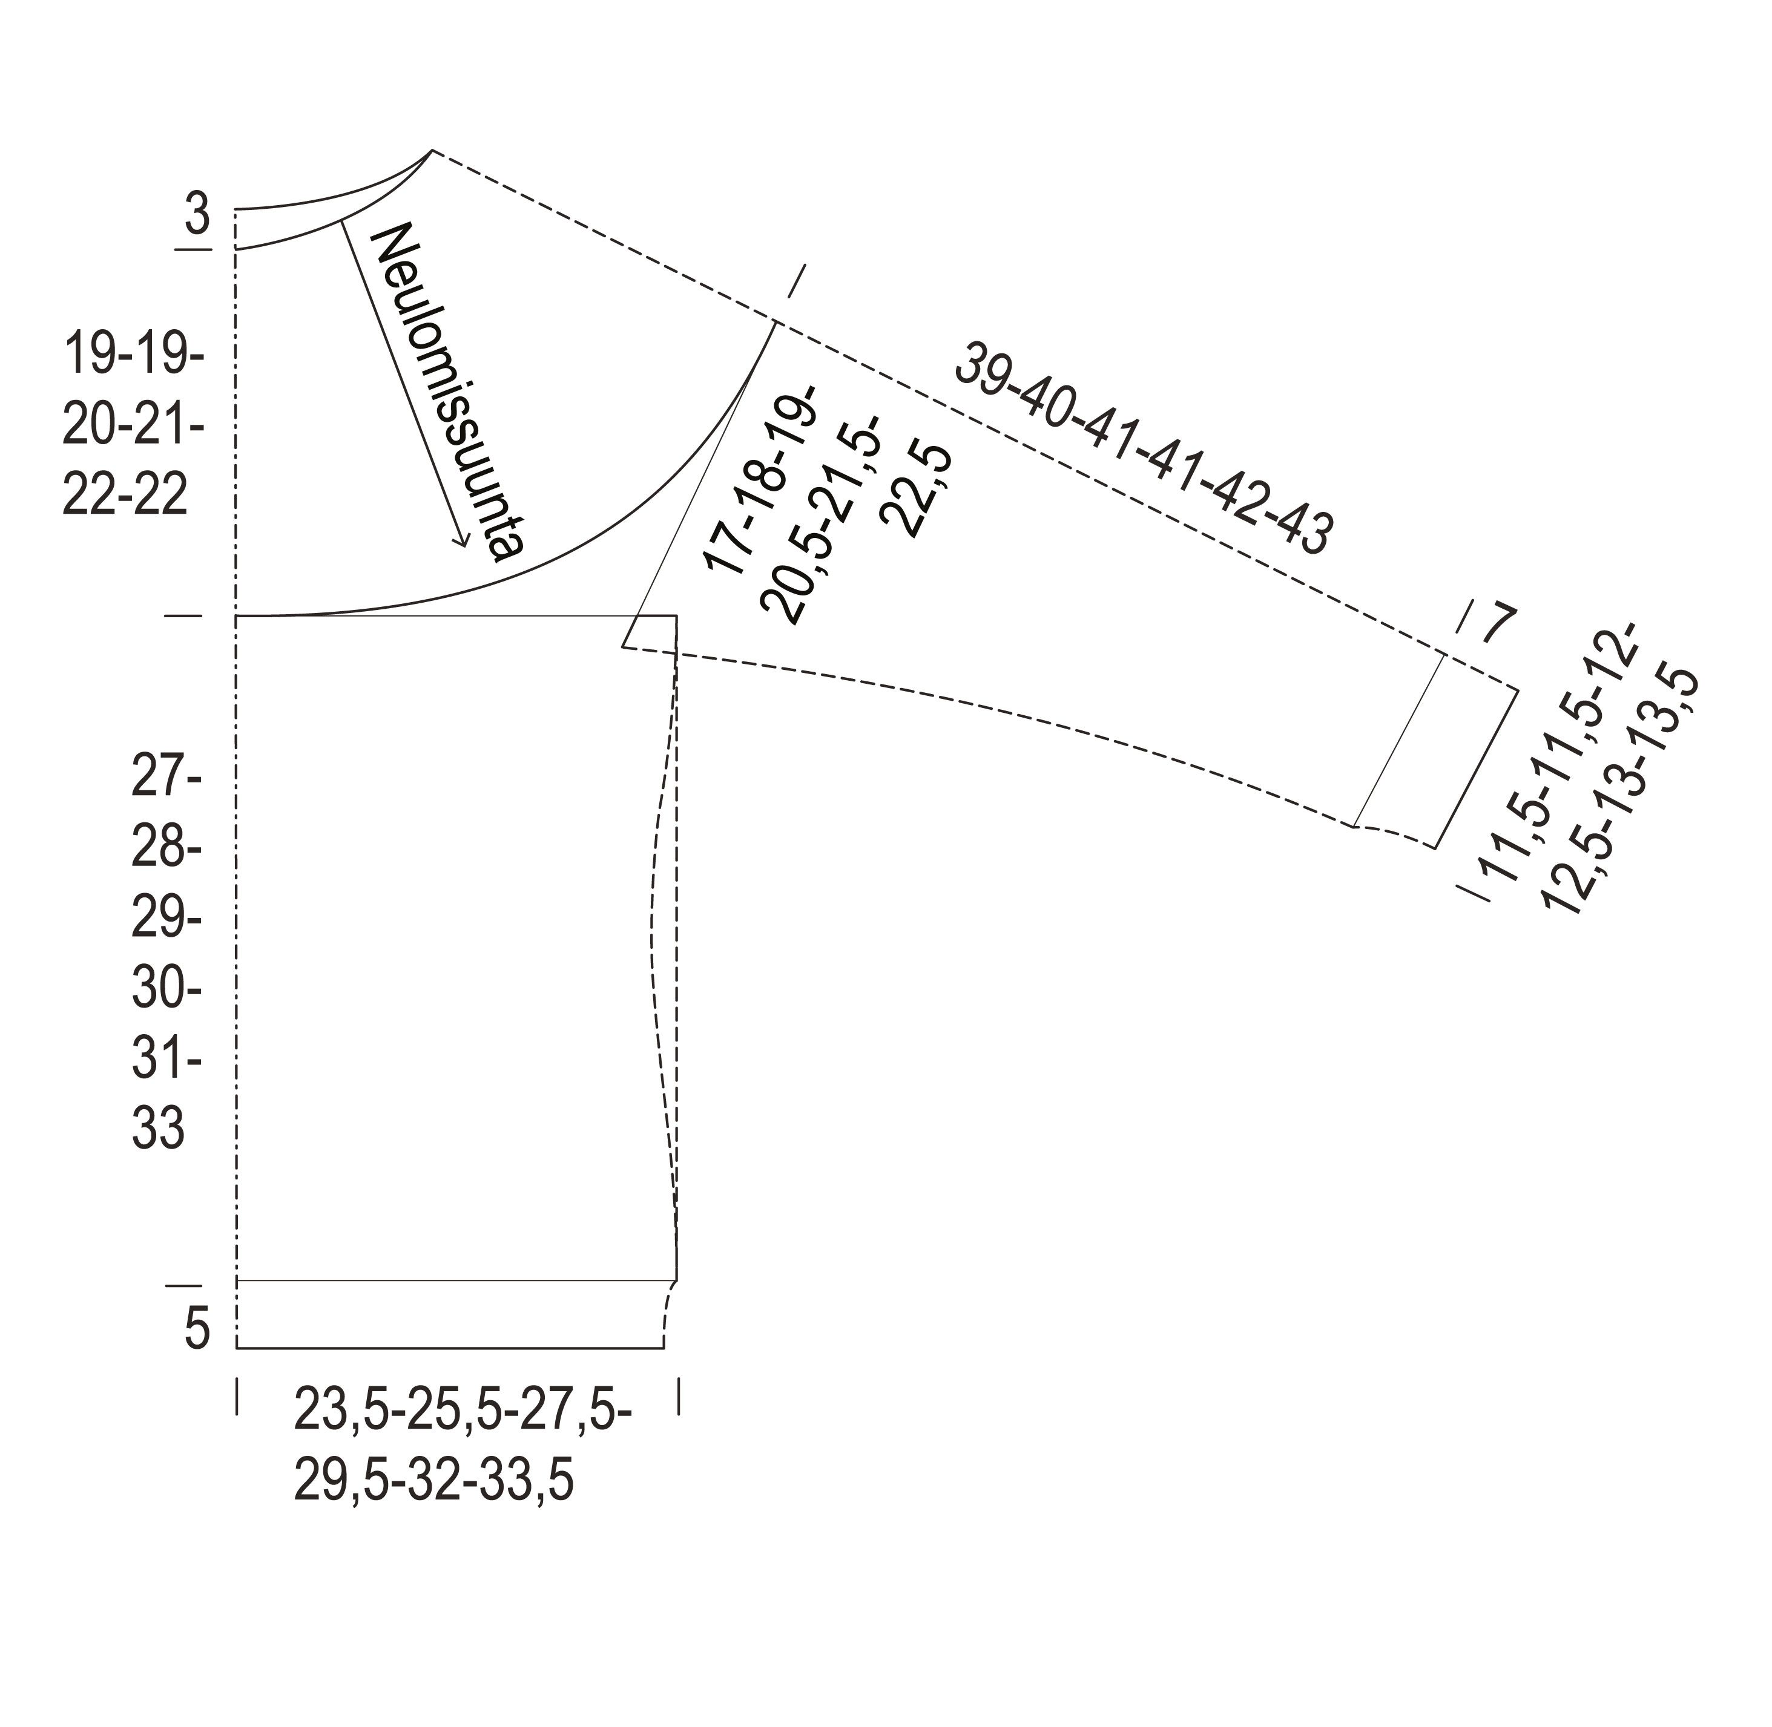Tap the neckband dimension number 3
pos(197,215)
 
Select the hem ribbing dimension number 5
pos(197,1329)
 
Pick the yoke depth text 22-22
pos(125,494)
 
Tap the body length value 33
pos(158,1129)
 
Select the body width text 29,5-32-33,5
pos(433,1483)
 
